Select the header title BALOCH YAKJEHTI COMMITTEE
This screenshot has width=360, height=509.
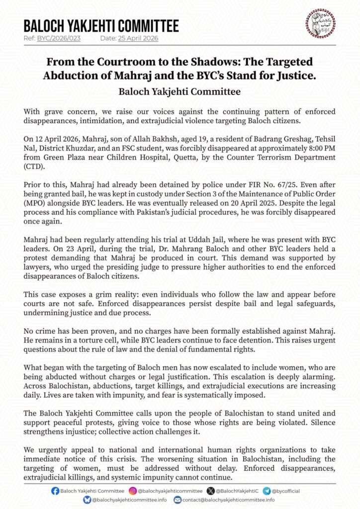tap(101, 25)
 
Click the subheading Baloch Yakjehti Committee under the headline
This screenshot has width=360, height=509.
tap(180, 92)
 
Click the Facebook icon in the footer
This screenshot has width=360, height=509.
tap(55, 491)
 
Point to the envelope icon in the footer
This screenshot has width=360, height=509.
tap(178, 500)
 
